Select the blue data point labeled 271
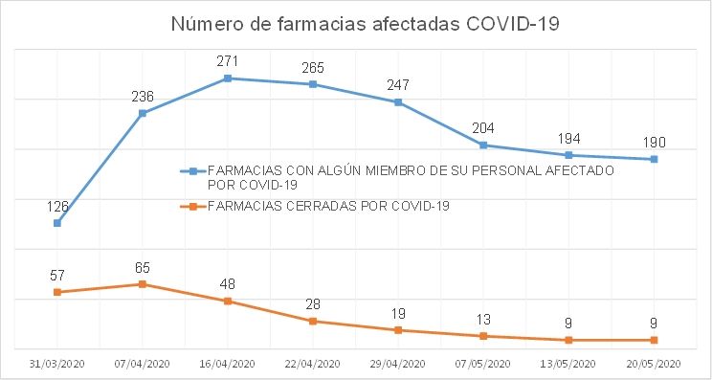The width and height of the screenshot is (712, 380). click(x=228, y=78)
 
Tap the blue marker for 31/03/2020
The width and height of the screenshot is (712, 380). click(x=57, y=223)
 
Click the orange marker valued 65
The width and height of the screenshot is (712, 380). click(x=143, y=284)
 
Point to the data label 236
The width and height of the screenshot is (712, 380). click(x=143, y=96)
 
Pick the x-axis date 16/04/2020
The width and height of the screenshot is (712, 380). click(x=228, y=364)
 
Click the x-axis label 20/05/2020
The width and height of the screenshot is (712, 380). click(x=654, y=364)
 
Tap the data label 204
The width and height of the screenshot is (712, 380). click(x=483, y=127)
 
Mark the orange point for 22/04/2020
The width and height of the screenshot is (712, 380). click(x=313, y=321)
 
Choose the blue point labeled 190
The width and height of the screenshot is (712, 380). click(x=654, y=159)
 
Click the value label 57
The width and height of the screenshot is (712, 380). click(x=57, y=275)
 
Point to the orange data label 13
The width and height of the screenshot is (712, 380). click(x=483, y=320)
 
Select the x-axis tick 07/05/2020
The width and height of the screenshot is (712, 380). click(x=483, y=364)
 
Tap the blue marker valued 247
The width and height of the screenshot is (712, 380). click(x=398, y=101)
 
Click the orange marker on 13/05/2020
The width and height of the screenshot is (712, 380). click(x=568, y=340)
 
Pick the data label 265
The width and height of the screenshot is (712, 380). click(x=313, y=67)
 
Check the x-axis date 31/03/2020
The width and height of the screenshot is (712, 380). click(x=57, y=364)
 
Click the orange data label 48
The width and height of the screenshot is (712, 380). click(x=228, y=284)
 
